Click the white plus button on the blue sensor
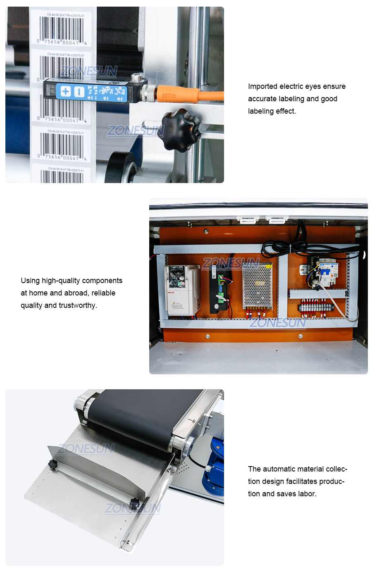(x=66, y=91)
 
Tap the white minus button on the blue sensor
(x=79, y=92)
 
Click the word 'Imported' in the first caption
(x=262, y=86)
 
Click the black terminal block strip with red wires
(x=316, y=308)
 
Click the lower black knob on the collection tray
(x=134, y=504)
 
